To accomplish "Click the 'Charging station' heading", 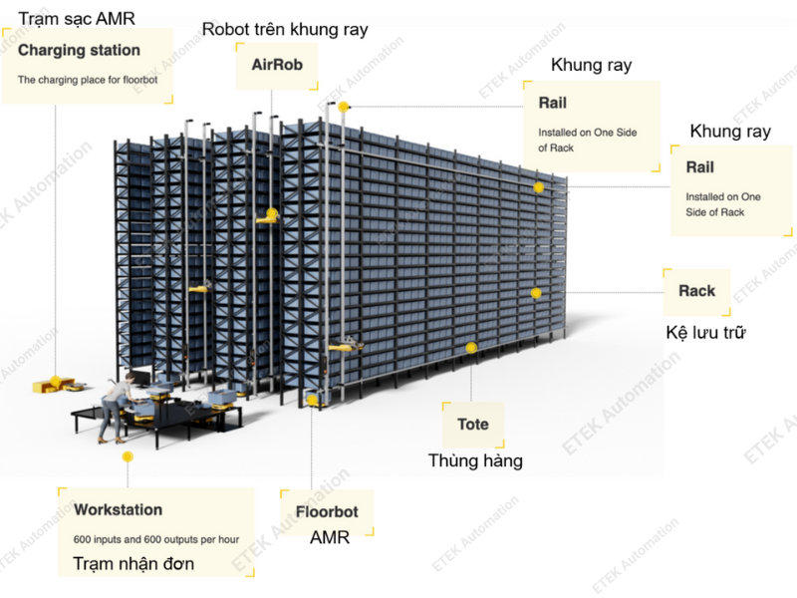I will [x=79, y=50].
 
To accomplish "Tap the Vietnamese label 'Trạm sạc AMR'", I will [x=76, y=17].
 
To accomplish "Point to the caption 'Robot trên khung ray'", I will [x=285, y=29].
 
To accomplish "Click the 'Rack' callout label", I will [x=696, y=291].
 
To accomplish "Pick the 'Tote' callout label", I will [x=473, y=424].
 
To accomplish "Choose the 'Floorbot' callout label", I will [x=327, y=512].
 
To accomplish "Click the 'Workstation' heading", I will [x=118, y=509].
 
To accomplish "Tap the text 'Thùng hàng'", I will [x=475, y=460].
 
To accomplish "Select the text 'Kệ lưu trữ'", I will [x=705, y=332].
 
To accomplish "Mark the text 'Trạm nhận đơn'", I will [x=133, y=564].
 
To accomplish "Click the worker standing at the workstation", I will [x=116, y=404].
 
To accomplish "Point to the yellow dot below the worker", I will [x=128, y=456].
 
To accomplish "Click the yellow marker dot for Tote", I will [x=471, y=348].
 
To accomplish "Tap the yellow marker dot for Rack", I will [x=536, y=293].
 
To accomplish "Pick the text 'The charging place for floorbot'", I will [x=88, y=78].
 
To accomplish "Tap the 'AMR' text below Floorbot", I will [x=327, y=538].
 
